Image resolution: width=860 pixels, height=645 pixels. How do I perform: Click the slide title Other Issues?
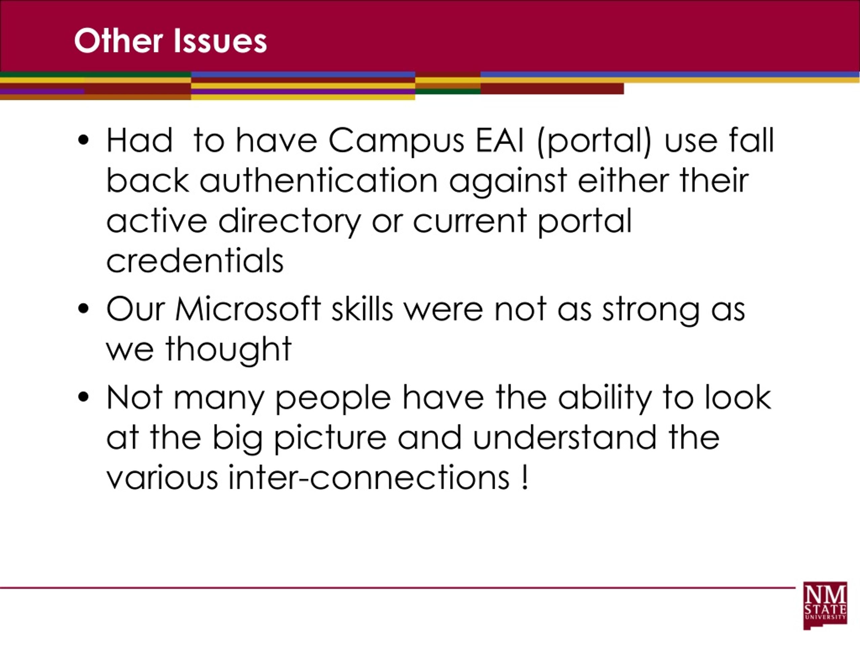[170, 41]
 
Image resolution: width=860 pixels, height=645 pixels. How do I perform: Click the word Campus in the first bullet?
[396, 141]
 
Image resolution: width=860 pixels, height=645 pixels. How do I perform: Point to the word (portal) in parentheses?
[594, 141]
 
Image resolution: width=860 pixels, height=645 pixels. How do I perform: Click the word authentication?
[319, 181]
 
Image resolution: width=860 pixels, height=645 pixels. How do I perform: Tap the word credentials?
[195, 261]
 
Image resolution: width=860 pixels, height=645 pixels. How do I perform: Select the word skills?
[362, 309]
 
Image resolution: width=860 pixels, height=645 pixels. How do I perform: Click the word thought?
[229, 350]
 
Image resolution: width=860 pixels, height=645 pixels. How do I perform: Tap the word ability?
[605, 399]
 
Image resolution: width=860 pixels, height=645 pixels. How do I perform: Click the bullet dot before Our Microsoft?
[83, 310]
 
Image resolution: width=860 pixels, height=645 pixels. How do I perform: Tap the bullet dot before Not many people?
[83, 398]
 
